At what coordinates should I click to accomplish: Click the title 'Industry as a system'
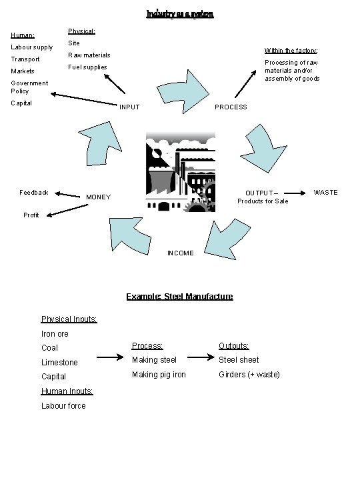coord(180,13)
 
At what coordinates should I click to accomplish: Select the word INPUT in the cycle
coord(129,107)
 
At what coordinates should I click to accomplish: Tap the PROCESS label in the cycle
coord(231,107)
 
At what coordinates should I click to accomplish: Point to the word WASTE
coord(326,193)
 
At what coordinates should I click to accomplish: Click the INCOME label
coord(181,253)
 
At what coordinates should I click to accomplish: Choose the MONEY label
coord(98,197)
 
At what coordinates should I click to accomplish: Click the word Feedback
coord(33,193)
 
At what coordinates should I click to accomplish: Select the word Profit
coord(31,215)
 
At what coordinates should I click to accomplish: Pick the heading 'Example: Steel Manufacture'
coord(180,296)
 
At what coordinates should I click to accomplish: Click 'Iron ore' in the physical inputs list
coord(55,333)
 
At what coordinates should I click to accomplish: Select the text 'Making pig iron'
coord(159,374)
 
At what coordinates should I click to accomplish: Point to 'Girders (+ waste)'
coord(249,374)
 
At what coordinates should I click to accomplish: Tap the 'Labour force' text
coord(63,405)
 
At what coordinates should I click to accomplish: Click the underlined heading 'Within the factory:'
coord(291,51)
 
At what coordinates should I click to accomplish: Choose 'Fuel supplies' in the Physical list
coord(87,67)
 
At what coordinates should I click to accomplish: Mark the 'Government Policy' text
coord(29,87)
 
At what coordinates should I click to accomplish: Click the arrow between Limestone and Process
coord(109,359)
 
